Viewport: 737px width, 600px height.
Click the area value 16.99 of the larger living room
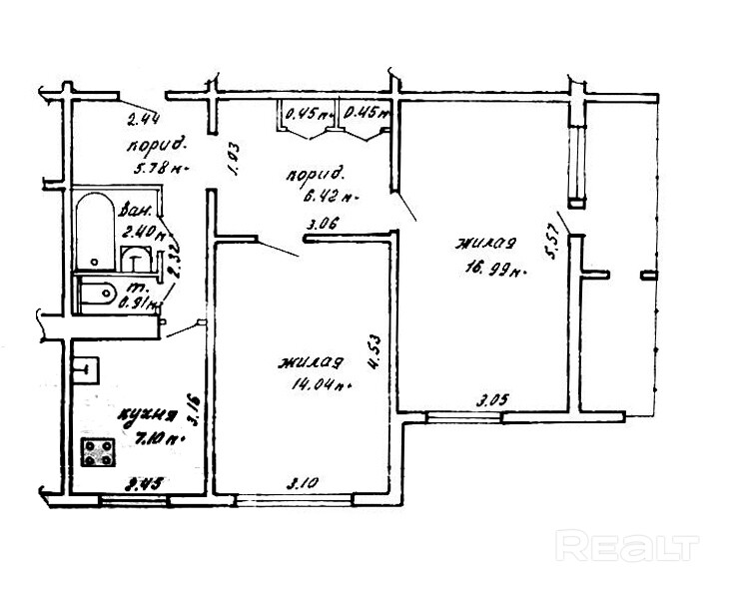click(486, 267)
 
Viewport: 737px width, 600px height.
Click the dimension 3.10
click(304, 483)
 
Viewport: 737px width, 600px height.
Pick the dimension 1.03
click(232, 160)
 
